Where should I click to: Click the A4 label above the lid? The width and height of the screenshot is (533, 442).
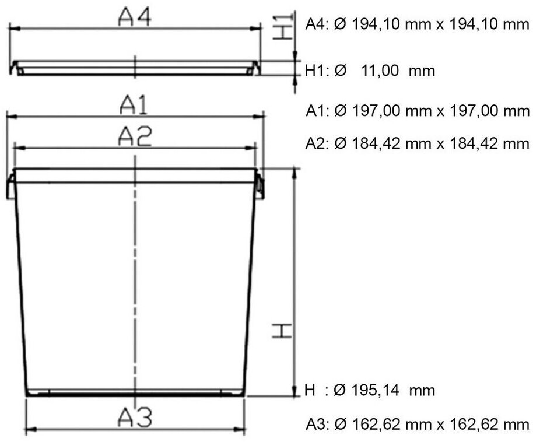135,17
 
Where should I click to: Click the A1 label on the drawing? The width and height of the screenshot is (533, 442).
134,105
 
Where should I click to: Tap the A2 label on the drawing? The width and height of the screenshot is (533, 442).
135,136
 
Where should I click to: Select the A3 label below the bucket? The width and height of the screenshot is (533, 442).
135,418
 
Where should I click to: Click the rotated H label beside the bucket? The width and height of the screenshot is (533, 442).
282,331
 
